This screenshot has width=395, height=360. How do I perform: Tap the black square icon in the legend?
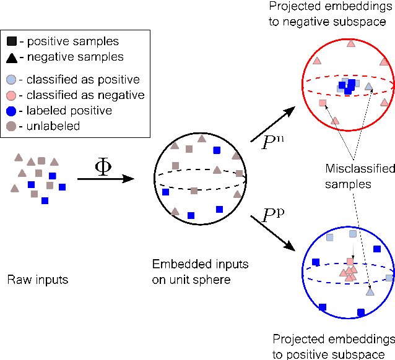coord(12,41)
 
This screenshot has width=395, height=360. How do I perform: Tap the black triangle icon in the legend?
coord(12,57)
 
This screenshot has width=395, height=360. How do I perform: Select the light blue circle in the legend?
coord(12,79)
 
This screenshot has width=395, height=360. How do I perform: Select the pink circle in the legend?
coord(12,95)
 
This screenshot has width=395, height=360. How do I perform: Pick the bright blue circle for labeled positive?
coord(12,110)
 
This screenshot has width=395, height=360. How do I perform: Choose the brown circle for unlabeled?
coord(12,126)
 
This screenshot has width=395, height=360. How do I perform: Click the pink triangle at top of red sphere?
coord(351,43)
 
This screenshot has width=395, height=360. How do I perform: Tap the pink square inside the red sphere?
coord(322,103)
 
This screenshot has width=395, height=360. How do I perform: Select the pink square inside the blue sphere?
coord(350,262)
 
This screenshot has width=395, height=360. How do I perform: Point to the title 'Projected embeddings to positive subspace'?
coord(333,346)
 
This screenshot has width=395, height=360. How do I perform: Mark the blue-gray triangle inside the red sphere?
coord(369,87)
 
